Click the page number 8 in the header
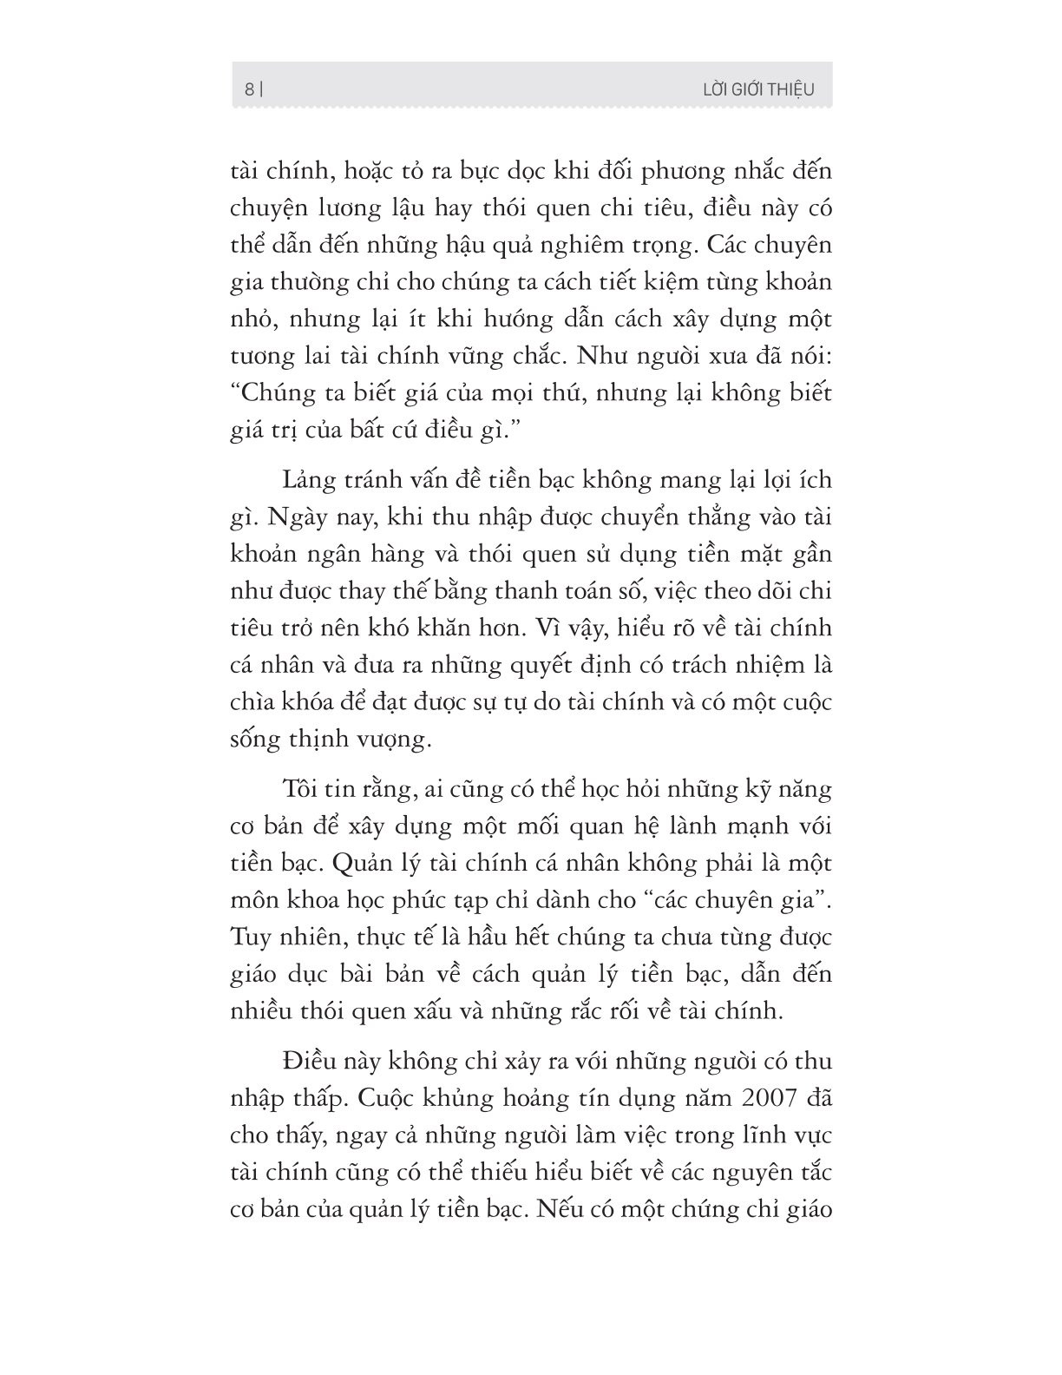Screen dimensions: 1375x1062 [x=249, y=89]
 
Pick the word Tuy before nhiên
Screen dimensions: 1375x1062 [x=250, y=937]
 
